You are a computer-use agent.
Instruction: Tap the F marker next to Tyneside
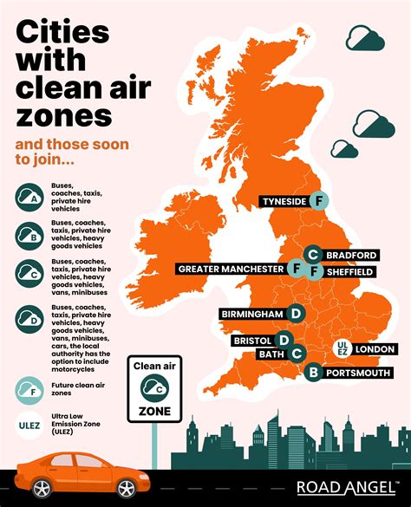coord(318,201)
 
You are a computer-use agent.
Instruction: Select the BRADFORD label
coord(350,255)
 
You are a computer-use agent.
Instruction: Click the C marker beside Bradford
coord(313,255)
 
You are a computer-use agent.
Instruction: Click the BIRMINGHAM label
coord(252,314)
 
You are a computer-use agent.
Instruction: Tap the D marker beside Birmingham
coord(297,314)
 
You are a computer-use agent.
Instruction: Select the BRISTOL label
coord(252,341)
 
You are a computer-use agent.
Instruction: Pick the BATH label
coord(271,354)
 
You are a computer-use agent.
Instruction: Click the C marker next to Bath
coord(297,354)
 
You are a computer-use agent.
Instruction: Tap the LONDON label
coord(375,349)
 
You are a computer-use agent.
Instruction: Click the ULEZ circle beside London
coord(342,349)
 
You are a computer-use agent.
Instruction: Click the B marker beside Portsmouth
coord(313,373)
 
